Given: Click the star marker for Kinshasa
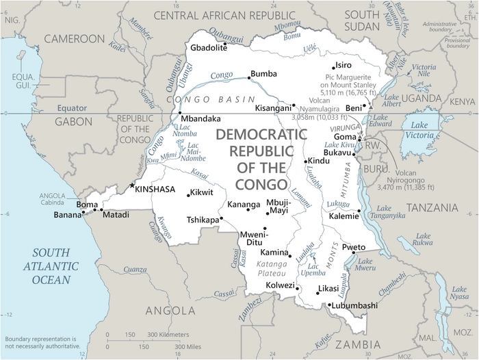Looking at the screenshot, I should tap(132, 185).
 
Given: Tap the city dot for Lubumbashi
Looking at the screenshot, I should tap(329, 305).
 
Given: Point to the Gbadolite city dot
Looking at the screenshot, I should tap(225, 43).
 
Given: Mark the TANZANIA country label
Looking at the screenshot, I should tap(431, 207).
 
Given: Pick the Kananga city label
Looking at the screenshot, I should tap(244, 204).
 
